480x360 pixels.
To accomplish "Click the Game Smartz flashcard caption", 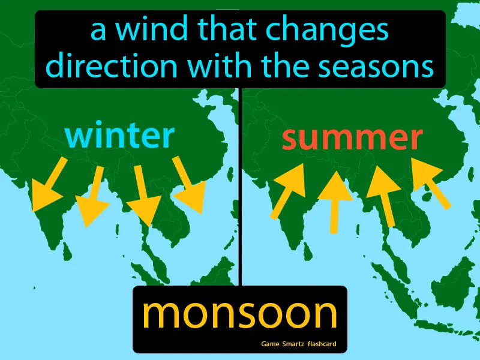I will (x=298, y=344).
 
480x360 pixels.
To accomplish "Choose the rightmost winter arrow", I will (x=188, y=185).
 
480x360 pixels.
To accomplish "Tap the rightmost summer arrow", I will (x=431, y=182).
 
